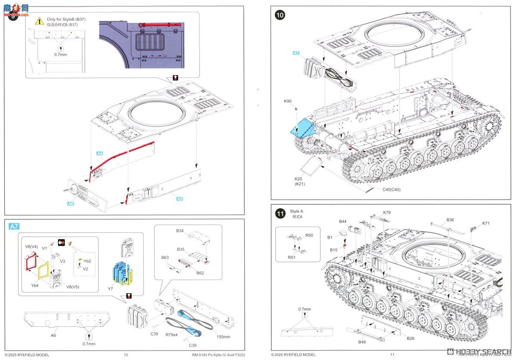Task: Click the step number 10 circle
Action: (280, 15)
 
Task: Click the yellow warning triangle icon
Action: (40, 20)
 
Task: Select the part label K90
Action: (288, 101)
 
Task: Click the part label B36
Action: (450, 220)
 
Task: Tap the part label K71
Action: (486, 223)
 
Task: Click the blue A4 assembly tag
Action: (99, 153)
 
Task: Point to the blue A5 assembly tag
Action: (180, 199)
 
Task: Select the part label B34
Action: (180, 231)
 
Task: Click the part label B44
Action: (343, 222)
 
